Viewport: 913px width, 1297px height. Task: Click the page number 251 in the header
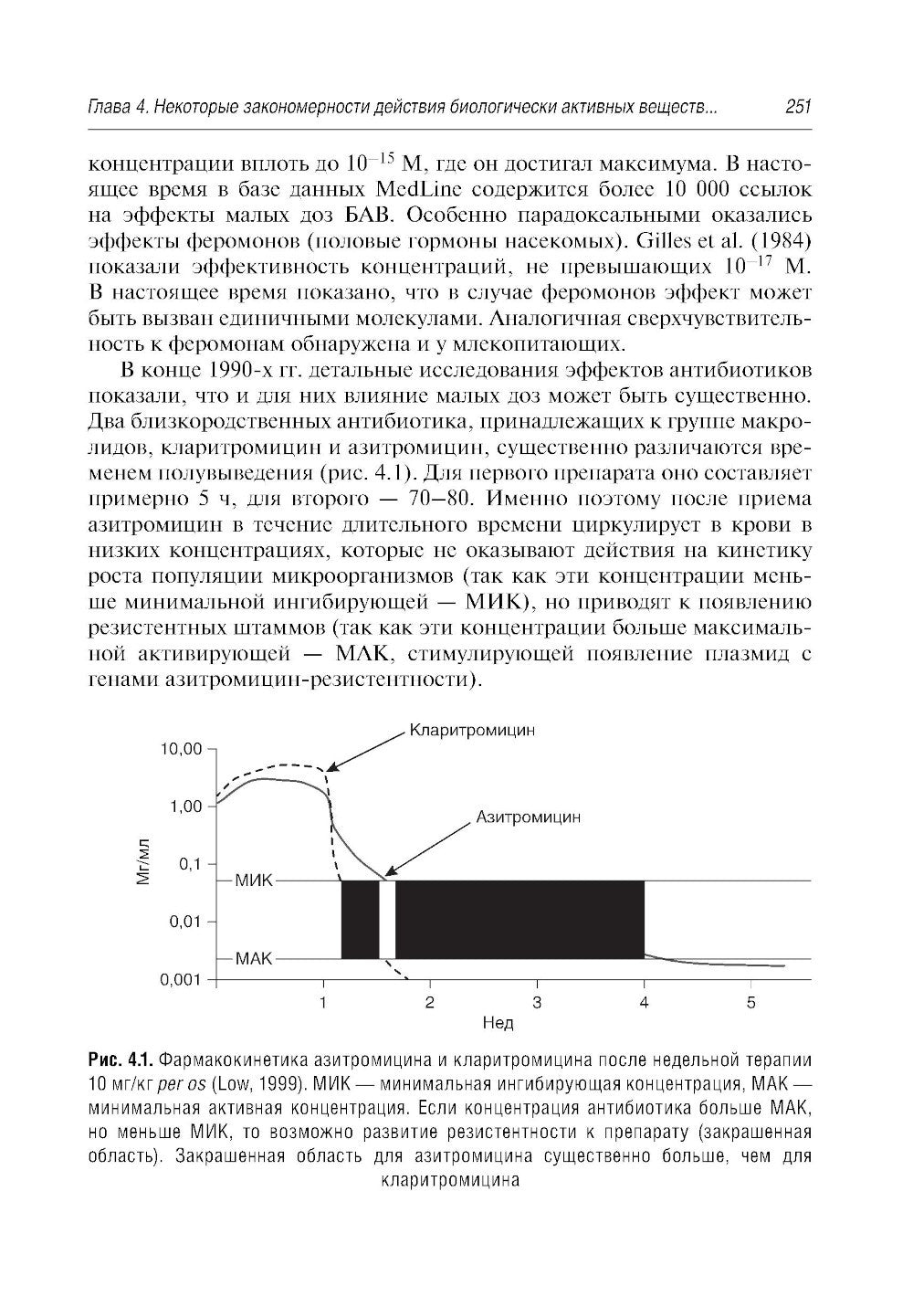click(x=797, y=108)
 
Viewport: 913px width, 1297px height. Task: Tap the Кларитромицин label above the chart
click(x=471, y=731)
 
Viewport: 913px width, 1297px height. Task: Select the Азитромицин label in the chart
click(x=528, y=817)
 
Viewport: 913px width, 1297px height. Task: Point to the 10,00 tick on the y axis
click(x=179, y=749)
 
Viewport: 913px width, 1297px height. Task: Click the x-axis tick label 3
click(x=537, y=1003)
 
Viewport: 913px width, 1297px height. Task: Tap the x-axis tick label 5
click(x=750, y=1003)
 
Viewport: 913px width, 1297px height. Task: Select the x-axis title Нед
click(x=498, y=1023)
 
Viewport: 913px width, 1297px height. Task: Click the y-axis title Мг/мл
click(x=142, y=864)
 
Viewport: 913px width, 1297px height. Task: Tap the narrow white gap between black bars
click(x=387, y=920)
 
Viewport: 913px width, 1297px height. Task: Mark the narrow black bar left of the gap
click(x=360, y=920)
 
